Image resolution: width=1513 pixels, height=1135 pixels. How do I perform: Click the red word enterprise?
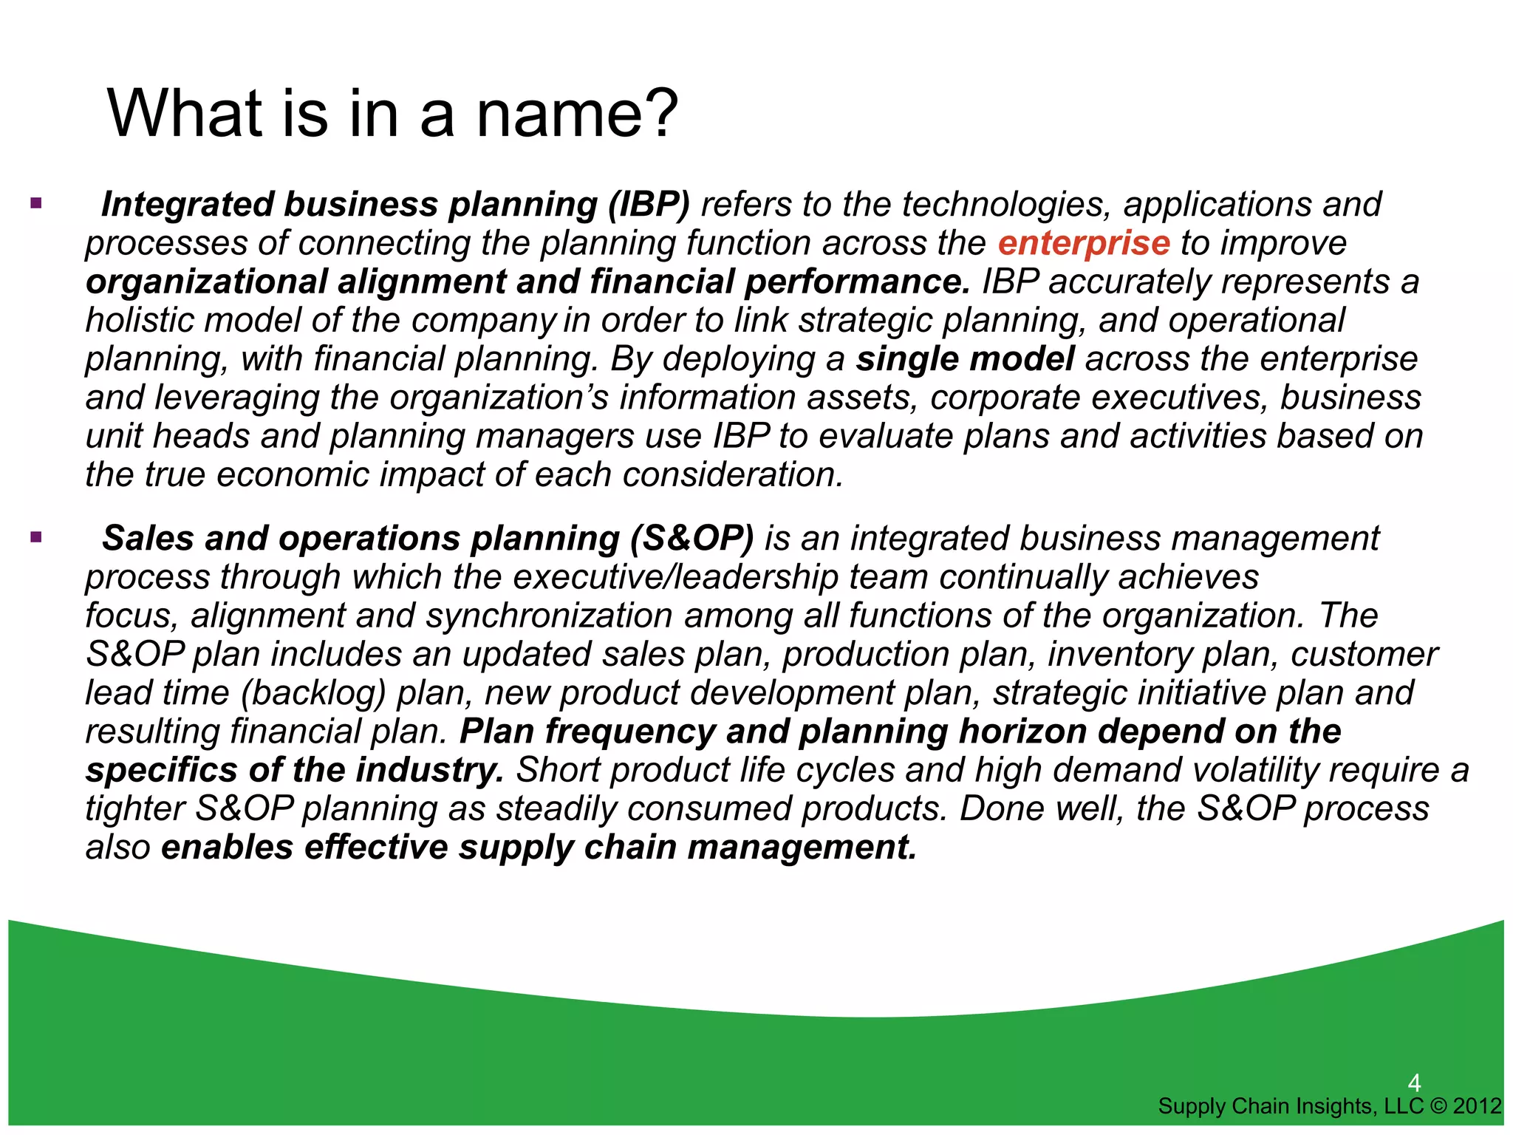click(x=1083, y=244)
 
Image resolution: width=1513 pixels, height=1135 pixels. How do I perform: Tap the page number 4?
click(x=1414, y=1083)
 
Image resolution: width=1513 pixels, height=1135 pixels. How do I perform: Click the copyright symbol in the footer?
click(x=1439, y=1106)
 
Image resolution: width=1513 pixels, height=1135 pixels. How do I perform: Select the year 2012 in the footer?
click(x=1477, y=1106)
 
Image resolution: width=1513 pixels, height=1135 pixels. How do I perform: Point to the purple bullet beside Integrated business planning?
click(x=35, y=202)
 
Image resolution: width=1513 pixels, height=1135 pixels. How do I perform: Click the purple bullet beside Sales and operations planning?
click(x=35, y=536)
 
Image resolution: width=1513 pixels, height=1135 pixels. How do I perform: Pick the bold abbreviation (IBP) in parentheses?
click(x=648, y=205)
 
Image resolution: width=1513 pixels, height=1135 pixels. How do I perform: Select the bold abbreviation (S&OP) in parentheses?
click(x=691, y=539)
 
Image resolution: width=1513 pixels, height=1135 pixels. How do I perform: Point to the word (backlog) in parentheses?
click(x=313, y=693)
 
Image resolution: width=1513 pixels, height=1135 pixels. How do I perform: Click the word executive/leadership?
click(x=675, y=577)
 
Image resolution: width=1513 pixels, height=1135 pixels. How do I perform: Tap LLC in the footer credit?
click(x=1403, y=1106)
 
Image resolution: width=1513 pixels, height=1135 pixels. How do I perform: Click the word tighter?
click(x=134, y=808)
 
